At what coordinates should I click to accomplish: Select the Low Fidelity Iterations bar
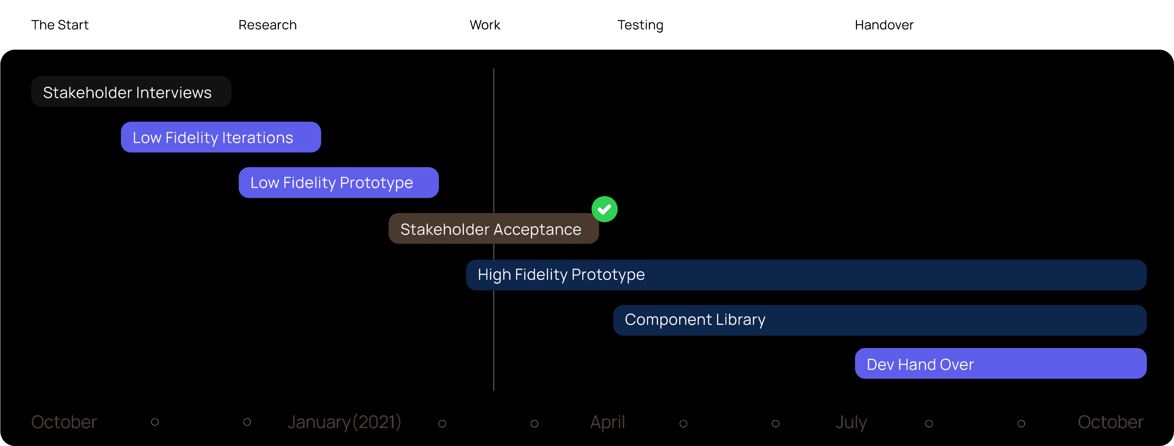click(221, 138)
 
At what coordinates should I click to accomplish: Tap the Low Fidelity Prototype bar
click(338, 183)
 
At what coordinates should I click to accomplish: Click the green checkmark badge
click(604, 209)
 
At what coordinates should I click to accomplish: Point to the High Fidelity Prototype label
click(561, 275)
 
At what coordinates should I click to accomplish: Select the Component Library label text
click(695, 320)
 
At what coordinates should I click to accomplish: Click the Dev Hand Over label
click(920, 365)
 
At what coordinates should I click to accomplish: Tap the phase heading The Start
click(60, 25)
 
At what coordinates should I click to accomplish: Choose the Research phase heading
click(268, 25)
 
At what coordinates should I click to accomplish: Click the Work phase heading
click(485, 25)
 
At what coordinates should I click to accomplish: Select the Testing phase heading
click(640, 25)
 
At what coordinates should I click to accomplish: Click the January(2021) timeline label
click(344, 422)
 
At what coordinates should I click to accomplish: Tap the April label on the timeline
click(607, 422)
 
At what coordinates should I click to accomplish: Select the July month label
click(851, 422)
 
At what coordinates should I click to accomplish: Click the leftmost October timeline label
click(64, 422)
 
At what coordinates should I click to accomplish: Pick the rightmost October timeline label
click(1110, 422)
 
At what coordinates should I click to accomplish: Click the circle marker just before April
click(534, 424)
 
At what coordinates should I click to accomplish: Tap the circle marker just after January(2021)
click(442, 424)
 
